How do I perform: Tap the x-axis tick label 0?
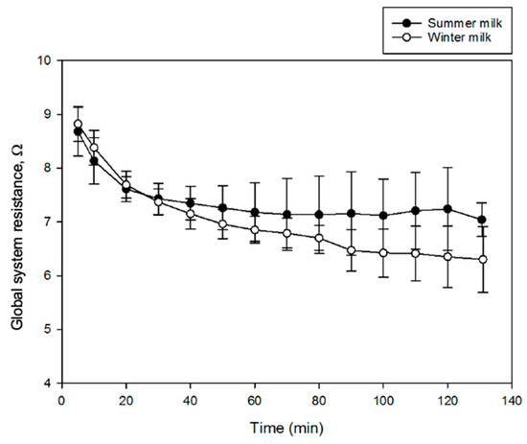pyautogui.click(x=61, y=399)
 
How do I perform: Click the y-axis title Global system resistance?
pyautogui.click(x=18, y=222)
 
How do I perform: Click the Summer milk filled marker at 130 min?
pyautogui.click(x=482, y=220)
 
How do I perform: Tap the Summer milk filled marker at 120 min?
pyautogui.click(x=448, y=209)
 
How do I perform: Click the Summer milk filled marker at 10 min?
pyautogui.click(x=94, y=161)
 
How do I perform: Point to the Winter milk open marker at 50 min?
pyautogui.click(x=222, y=224)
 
